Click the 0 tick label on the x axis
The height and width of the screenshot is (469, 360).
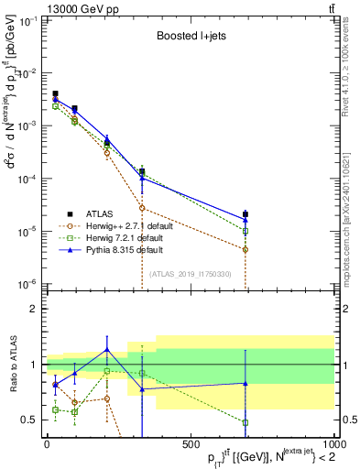click(x=47, y=443)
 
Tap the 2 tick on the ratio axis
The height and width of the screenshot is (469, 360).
click(x=35, y=309)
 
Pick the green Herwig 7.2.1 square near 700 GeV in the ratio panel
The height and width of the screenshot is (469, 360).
click(x=245, y=422)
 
